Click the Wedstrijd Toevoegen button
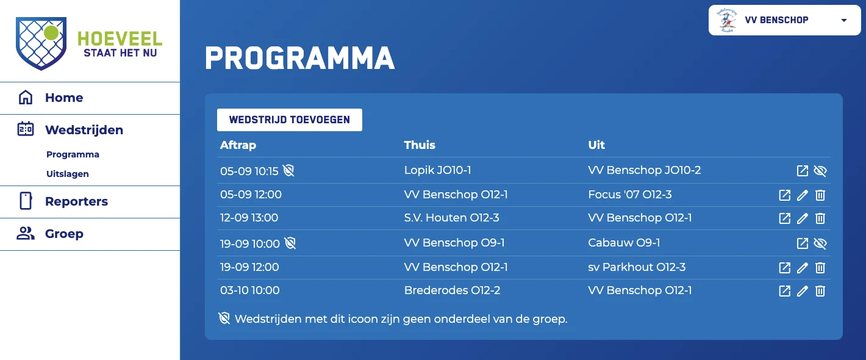point(290,120)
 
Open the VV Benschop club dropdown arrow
point(844,20)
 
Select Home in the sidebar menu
point(64,98)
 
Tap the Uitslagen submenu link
point(68,174)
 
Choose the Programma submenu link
point(73,154)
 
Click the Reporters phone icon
point(26,201)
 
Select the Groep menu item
point(64,234)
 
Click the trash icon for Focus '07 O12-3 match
point(820,195)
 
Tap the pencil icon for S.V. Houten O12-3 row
point(802,218)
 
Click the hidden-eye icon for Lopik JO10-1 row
point(820,170)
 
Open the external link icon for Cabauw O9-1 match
point(802,243)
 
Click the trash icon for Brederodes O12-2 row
point(820,291)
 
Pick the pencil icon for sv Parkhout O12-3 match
point(802,268)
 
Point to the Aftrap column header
point(238,145)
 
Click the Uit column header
point(596,145)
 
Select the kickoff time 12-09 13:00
point(249,218)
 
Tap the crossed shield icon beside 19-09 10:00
point(290,243)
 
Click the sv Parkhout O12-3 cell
point(637,267)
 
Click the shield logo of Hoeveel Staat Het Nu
point(41,43)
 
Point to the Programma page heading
point(299,59)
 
